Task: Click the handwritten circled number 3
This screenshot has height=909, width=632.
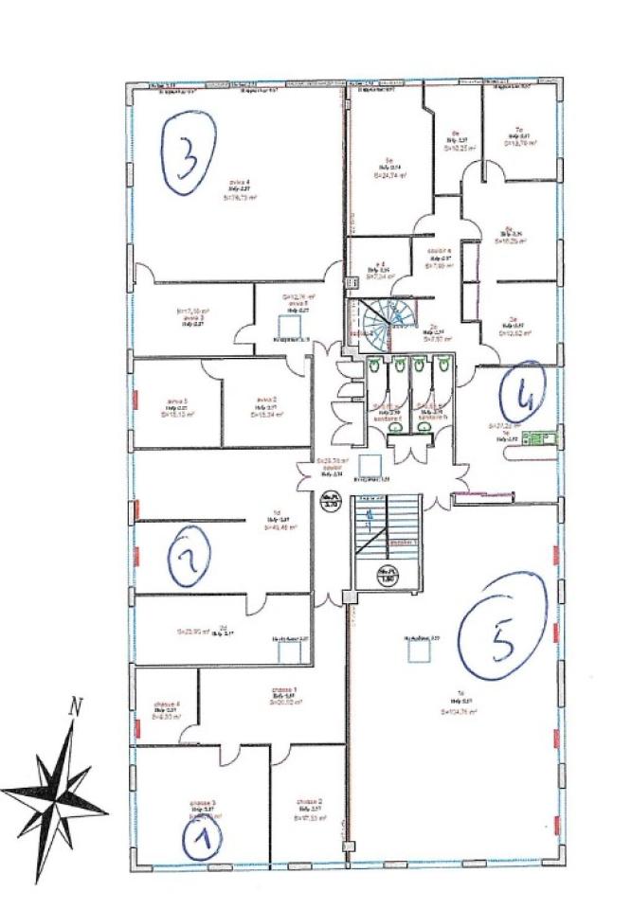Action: (189, 153)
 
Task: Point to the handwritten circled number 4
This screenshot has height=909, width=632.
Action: (520, 396)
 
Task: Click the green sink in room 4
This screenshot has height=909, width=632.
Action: (543, 438)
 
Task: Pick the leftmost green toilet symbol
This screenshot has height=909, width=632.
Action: (376, 364)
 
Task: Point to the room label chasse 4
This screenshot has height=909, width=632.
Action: (165, 704)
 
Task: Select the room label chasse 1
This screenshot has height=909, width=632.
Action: (284, 688)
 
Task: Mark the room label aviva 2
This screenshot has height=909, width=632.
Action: (264, 400)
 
